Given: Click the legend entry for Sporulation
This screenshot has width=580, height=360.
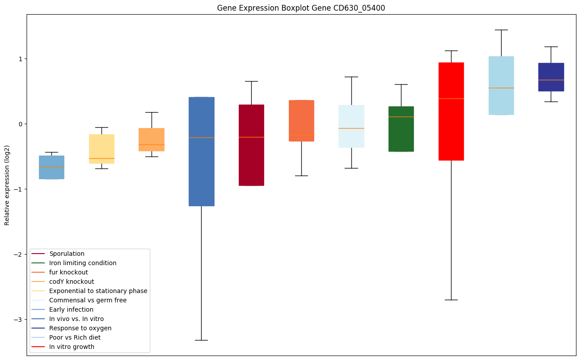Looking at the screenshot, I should coord(67,254).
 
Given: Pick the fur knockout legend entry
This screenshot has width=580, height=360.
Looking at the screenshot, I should coord(69,273).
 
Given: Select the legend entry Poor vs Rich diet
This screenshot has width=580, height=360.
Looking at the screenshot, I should coord(75,338).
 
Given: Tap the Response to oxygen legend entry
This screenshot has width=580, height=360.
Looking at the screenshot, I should coord(80,329).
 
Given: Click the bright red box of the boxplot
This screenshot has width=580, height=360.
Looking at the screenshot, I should coord(451,111).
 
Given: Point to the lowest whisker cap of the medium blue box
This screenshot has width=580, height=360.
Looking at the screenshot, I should coord(202,340).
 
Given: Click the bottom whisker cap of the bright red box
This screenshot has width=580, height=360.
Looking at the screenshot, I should coord(451,300).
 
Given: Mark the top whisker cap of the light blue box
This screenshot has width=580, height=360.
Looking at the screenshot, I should coord(501,30).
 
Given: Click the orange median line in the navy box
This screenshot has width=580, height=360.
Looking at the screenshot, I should coord(551,80).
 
